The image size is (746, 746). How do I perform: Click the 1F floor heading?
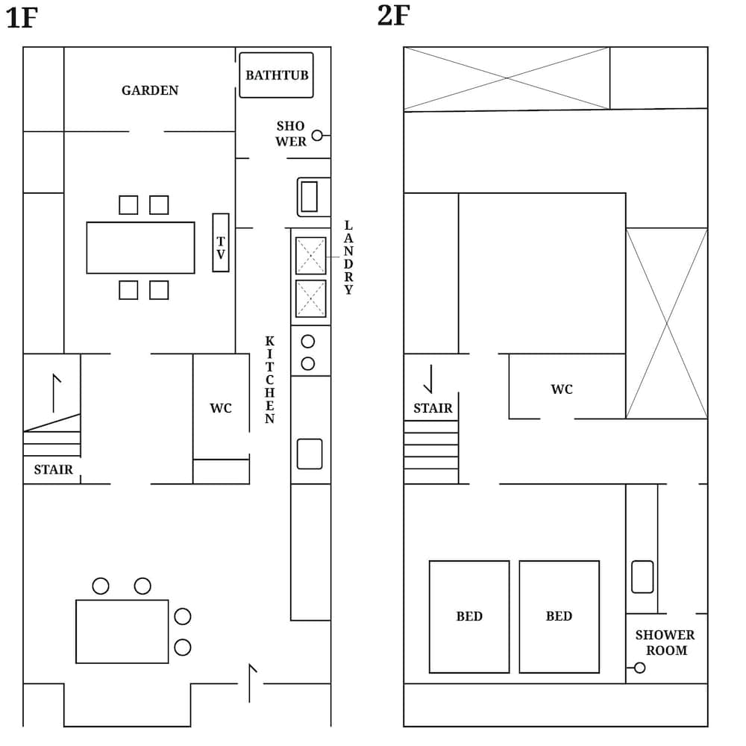coord(22,18)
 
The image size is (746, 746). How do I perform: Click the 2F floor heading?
coord(393,15)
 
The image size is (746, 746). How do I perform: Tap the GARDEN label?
coord(150,90)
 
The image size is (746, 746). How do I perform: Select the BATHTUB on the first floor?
coord(276,75)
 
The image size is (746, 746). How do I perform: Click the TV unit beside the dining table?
coord(221,242)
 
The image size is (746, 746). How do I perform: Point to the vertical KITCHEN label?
coord(269,380)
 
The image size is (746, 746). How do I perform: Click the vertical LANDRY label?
coord(348,257)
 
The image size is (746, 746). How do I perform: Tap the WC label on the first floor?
coord(221,408)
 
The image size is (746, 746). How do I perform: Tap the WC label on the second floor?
coord(562,389)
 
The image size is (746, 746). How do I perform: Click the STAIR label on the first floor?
coord(54,469)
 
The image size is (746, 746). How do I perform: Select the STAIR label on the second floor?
coord(433,408)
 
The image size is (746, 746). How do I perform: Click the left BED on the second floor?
coord(469,616)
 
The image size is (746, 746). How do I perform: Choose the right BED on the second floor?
coord(559,616)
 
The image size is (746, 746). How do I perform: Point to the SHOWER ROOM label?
coord(665,642)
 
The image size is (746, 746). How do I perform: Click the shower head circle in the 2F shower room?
coord(639,668)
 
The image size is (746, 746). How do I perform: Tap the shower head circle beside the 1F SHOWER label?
coord(317,136)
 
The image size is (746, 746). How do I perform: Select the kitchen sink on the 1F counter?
coord(310,454)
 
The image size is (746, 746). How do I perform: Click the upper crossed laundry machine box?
coord(311,256)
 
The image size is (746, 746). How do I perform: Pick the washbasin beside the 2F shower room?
coord(642,577)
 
